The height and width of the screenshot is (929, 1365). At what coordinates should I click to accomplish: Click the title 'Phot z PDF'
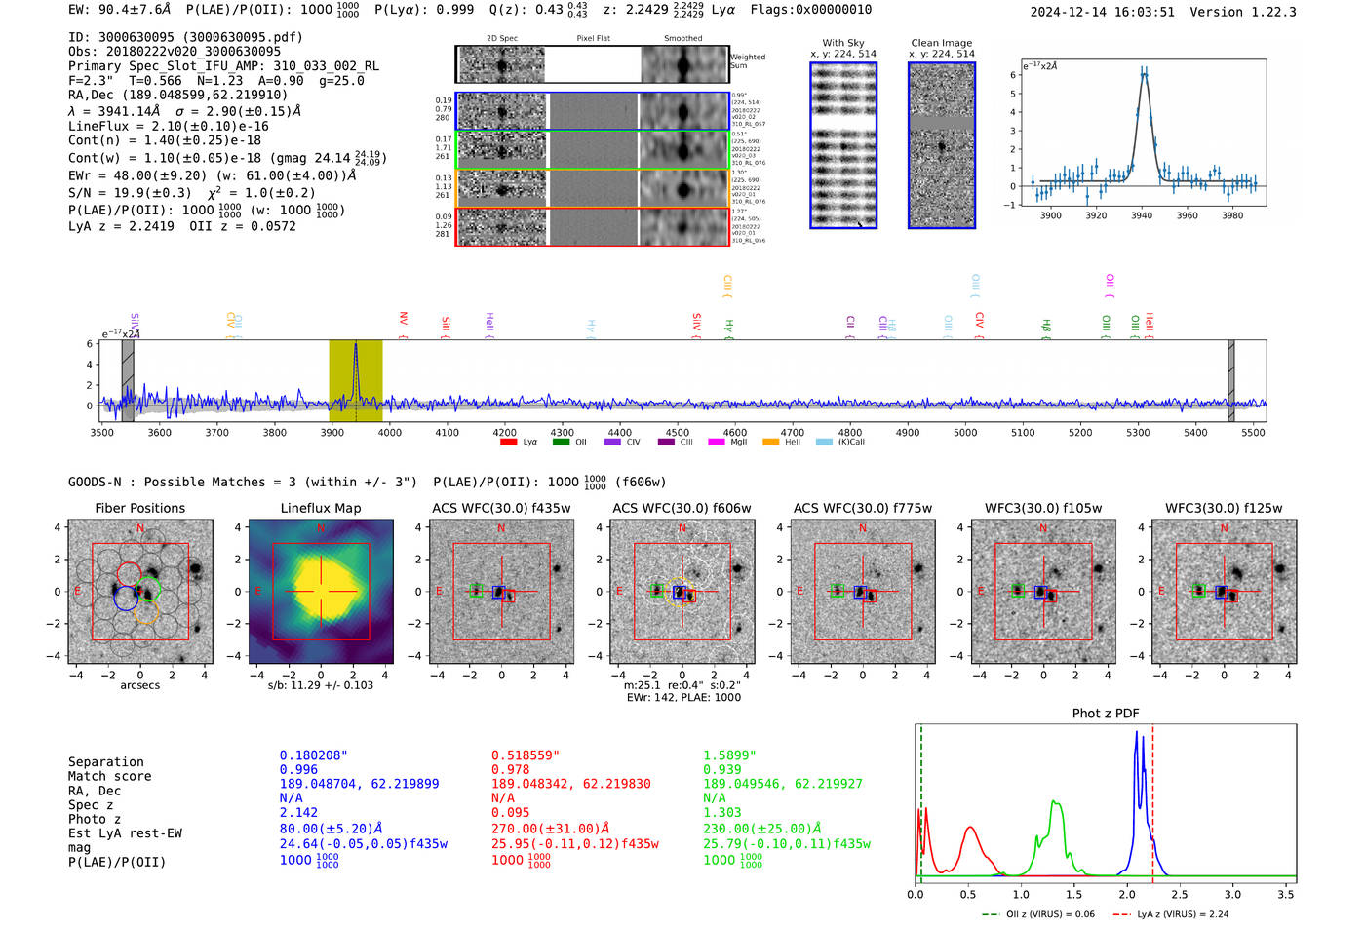tap(1106, 714)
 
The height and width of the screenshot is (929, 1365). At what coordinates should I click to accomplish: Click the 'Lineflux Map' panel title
tap(321, 508)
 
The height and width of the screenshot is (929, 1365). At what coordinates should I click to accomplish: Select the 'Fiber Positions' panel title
tap(140, 508)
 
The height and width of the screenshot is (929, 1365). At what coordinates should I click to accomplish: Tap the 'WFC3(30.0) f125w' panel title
tap(1224, 508)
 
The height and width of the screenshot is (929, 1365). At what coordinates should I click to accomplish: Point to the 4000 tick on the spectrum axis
tap(389, 432)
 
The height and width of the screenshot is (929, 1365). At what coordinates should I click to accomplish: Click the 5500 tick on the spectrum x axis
tap(1253, 432)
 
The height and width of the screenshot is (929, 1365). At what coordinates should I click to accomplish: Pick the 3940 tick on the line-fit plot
tap(1142, 215)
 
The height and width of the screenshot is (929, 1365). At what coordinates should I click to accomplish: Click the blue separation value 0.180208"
tap(313, 755)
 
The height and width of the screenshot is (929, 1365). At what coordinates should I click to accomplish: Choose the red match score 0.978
tap(511, 770)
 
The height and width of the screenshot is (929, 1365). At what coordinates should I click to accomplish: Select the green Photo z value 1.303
tap(722, 812)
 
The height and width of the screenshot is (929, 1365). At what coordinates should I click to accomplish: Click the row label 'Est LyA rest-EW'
tap(125, 833)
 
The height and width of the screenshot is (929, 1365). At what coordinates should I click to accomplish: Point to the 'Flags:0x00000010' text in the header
tap(811, 10)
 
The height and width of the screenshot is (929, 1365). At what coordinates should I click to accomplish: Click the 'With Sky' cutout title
tap(843, 43)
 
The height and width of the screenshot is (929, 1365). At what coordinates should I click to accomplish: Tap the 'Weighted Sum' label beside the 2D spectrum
tap(748, 61)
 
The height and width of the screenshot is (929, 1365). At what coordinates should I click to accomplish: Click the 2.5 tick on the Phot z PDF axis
tap(1180, 894)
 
